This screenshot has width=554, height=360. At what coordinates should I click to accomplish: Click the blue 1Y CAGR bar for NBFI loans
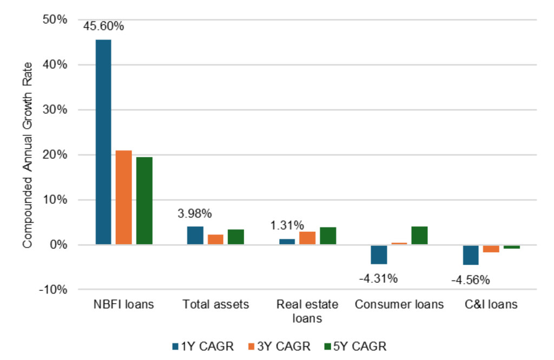coord(103,142)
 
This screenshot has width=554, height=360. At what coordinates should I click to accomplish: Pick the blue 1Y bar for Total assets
coord(195,235)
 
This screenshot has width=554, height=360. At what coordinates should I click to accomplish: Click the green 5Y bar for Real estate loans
coord(328,236)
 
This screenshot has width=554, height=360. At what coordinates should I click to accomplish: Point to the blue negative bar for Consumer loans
coord(379,254)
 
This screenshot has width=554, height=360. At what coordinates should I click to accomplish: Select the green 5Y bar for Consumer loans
coord(419,235)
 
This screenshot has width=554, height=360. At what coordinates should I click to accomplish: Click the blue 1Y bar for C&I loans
coord(471,255)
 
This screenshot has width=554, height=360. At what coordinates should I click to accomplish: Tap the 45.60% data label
coord(103,25)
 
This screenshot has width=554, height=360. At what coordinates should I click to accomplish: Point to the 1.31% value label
coord(287,226)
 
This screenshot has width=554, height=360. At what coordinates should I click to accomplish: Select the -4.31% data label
coord(379,279)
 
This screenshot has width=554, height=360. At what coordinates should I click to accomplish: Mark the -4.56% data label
coord(470,280)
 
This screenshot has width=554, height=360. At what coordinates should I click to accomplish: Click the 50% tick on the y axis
coord(55,19)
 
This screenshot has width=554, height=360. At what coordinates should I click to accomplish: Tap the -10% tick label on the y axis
coord(54,290)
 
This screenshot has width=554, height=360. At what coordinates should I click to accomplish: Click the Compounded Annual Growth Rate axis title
coord(27,155)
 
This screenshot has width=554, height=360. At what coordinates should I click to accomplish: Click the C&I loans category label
coord(490,304)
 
